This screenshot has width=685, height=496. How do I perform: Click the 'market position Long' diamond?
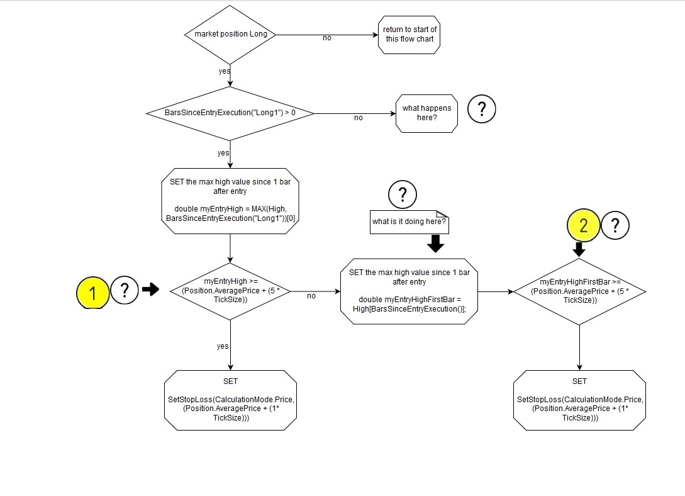tap(231, 35)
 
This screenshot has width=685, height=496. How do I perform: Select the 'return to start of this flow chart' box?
tap(409, 35)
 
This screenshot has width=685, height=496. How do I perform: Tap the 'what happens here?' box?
tap(426, 113)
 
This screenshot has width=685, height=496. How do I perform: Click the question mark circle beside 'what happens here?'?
tap(482, 110)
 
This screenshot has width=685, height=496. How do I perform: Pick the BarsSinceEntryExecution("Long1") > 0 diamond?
tap(230, 113)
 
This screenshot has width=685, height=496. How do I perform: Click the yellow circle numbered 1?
tap(93, 292)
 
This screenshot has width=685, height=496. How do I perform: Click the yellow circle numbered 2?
tap(583, 225)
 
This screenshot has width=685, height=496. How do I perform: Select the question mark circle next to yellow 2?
tap(616, 225)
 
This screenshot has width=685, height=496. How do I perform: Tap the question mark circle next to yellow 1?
tap(125, 291)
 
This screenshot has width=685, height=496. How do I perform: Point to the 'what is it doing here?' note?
tap(409, 222)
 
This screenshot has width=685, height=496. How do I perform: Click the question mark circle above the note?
tap(403, 194)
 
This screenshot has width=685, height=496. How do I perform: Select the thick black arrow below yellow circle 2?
tap(579, 249)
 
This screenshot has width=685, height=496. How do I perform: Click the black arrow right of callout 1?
tap(151, 290)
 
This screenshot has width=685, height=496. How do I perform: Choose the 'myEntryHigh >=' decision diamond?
tap(230, 291)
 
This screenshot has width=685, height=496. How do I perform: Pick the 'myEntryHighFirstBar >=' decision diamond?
tap(579, 291)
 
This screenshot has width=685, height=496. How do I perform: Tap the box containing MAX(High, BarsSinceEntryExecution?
tap(230, 201)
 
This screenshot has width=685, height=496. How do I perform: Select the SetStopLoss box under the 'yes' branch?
tap(230, 400)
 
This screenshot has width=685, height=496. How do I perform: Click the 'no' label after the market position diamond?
tap(327, 38)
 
